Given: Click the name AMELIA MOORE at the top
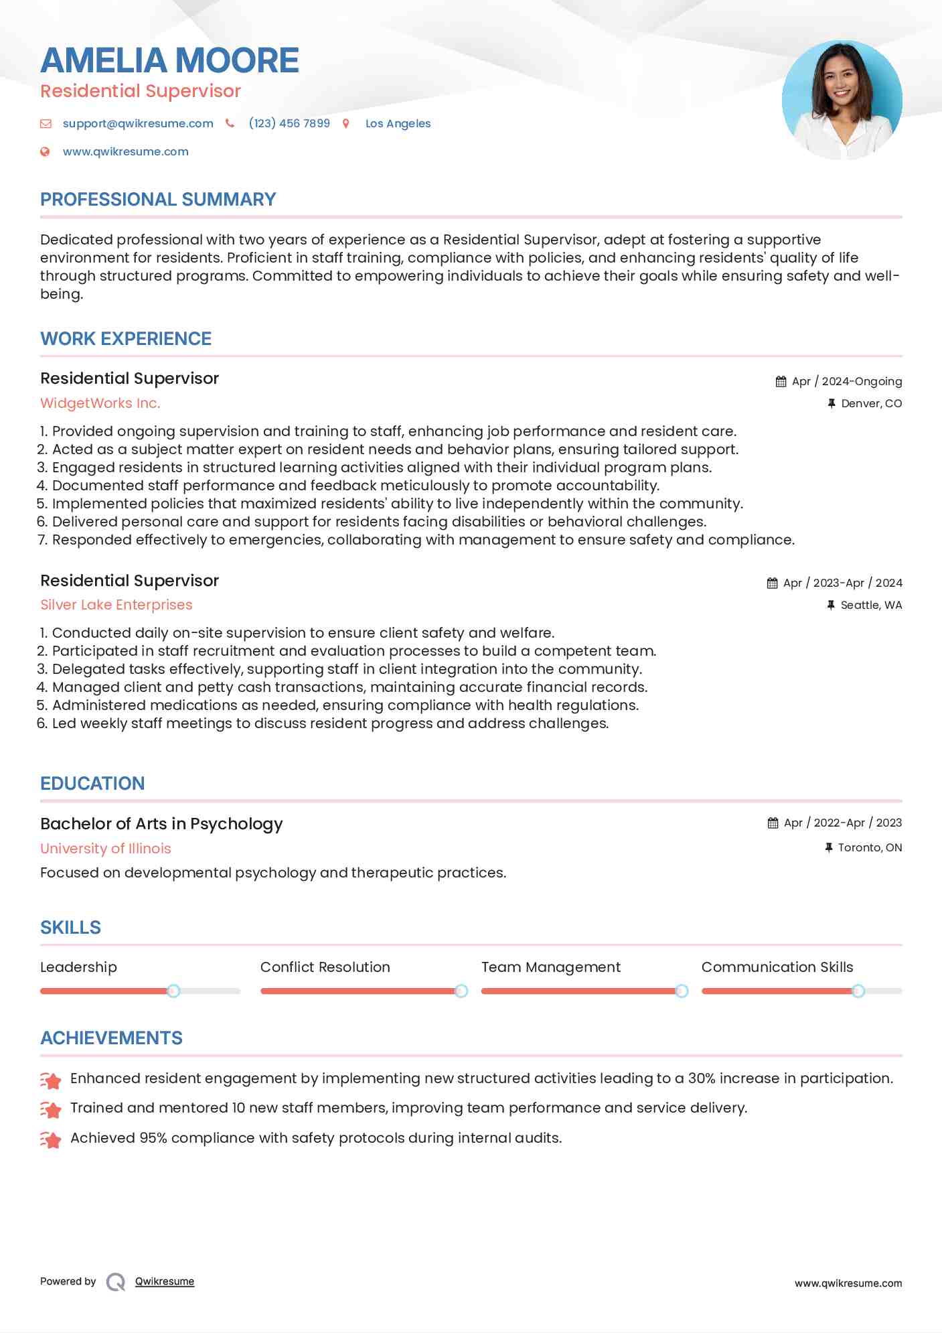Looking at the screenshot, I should click(169, 60).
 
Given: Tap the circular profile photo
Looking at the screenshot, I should click(842, 100).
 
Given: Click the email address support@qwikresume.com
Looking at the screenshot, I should click(138, 123).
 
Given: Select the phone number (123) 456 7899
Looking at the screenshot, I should click(289, 123).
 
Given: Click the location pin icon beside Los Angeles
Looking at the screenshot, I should click(346, 123).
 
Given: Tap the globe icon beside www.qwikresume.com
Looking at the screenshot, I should click(45, 151).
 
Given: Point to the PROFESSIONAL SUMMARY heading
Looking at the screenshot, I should click(158, 200).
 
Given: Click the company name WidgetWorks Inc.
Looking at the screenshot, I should click(100, 403).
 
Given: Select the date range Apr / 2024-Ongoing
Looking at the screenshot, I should click(846, 381).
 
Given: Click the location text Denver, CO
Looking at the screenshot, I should click(871, 403).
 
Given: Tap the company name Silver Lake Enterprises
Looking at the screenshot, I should click(116, 605).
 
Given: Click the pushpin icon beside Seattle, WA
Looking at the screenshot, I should click(831, 605).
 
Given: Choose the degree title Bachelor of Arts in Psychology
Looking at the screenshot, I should click(161, 824).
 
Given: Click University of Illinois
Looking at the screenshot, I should click(106, 849).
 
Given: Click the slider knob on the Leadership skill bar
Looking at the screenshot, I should click(173, 991).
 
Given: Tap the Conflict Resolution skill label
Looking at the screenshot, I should click(325, 967).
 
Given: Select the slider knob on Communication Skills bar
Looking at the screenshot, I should click(858, 991).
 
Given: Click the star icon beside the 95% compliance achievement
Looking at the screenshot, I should click(51, 1139).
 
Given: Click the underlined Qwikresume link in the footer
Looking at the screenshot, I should click(165, 1281).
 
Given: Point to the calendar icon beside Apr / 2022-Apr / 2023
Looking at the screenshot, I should click(773, 823).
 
